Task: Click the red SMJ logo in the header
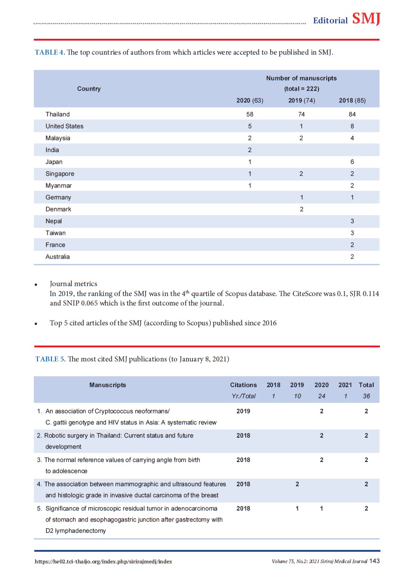tap(366, 19)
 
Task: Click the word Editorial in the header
tap(330, 20)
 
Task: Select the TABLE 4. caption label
tap(50, 52)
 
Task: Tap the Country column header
tap(89, 89)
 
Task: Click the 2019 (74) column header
tap(301, 101)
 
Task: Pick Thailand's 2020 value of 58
tap(250, 115)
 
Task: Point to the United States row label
tap(65, 126)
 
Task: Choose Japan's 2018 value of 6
tap(352, 162)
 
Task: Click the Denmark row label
tap(58, 209)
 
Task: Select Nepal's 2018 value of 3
tap(352, 221)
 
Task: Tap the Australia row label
tap(58, 257)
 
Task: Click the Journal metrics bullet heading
tap(74, 284)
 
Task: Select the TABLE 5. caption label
tap(51, 359)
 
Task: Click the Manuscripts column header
tap(107, 385)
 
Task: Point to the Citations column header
tap(243, 385)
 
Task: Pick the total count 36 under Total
tap(366, 396)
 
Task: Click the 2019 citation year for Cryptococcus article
tap(243, 411)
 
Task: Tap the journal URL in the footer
tap(103, 562)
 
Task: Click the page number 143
tap(375, 561)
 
